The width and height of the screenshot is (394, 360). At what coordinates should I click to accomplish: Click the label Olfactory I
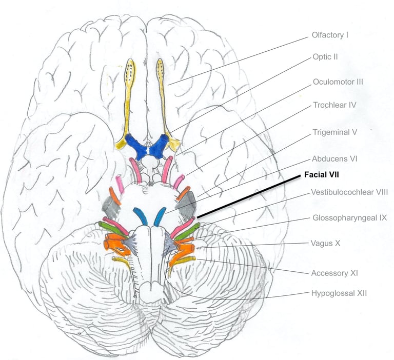[x=330, y=35]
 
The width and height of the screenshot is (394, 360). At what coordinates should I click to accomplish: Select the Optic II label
[x=325, y=57]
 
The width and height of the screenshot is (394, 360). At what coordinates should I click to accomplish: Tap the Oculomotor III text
[x=338, y=82]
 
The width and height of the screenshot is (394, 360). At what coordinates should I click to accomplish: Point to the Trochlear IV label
[x=334, y=105]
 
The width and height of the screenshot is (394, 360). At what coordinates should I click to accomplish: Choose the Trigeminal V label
[x=334, y=132]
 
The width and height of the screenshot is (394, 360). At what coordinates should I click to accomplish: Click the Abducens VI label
[x=334, y=158]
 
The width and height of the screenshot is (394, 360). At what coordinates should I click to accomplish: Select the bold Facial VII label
[x=321, y=174]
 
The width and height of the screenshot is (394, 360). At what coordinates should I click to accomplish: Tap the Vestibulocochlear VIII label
[x=349, y=192]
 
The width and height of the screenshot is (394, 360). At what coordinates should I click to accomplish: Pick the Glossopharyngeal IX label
[x=349, y=217]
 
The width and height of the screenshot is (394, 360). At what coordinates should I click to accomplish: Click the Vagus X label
[x=325, y=243]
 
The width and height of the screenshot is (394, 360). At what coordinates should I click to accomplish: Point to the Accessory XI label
[x=334, y=273]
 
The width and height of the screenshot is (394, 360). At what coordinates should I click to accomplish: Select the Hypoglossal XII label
[x=339, y=293]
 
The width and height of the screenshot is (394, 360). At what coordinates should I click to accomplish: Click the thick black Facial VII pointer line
[x=249, y=197]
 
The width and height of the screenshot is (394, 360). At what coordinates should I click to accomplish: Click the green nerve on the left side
[x=112, y=229]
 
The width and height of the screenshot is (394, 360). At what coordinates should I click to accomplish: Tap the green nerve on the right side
[x=187, y=231]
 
